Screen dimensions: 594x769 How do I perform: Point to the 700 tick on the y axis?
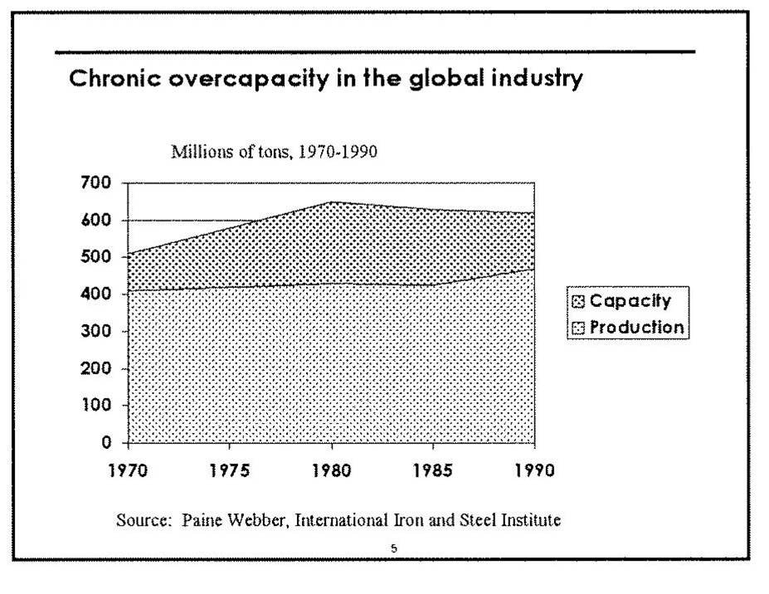(x=101, y=183)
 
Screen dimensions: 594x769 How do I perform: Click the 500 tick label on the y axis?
(x=101, y=257)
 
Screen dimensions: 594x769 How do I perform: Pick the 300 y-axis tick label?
(x=101, y=331)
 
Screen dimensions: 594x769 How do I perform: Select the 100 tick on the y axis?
(x=101, y=406)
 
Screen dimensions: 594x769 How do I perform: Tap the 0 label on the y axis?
(x=108, y=443)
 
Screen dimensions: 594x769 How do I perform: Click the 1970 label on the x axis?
(x=129, y=472)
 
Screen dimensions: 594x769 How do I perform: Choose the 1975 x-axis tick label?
(x=230, y=472)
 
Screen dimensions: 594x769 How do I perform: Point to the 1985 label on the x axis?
(x=432, y=472)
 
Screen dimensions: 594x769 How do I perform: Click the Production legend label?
(x=637, y=327)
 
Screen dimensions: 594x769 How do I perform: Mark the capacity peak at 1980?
(x=332, y=202)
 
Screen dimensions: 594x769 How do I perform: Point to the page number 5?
(x=394, y=548)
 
